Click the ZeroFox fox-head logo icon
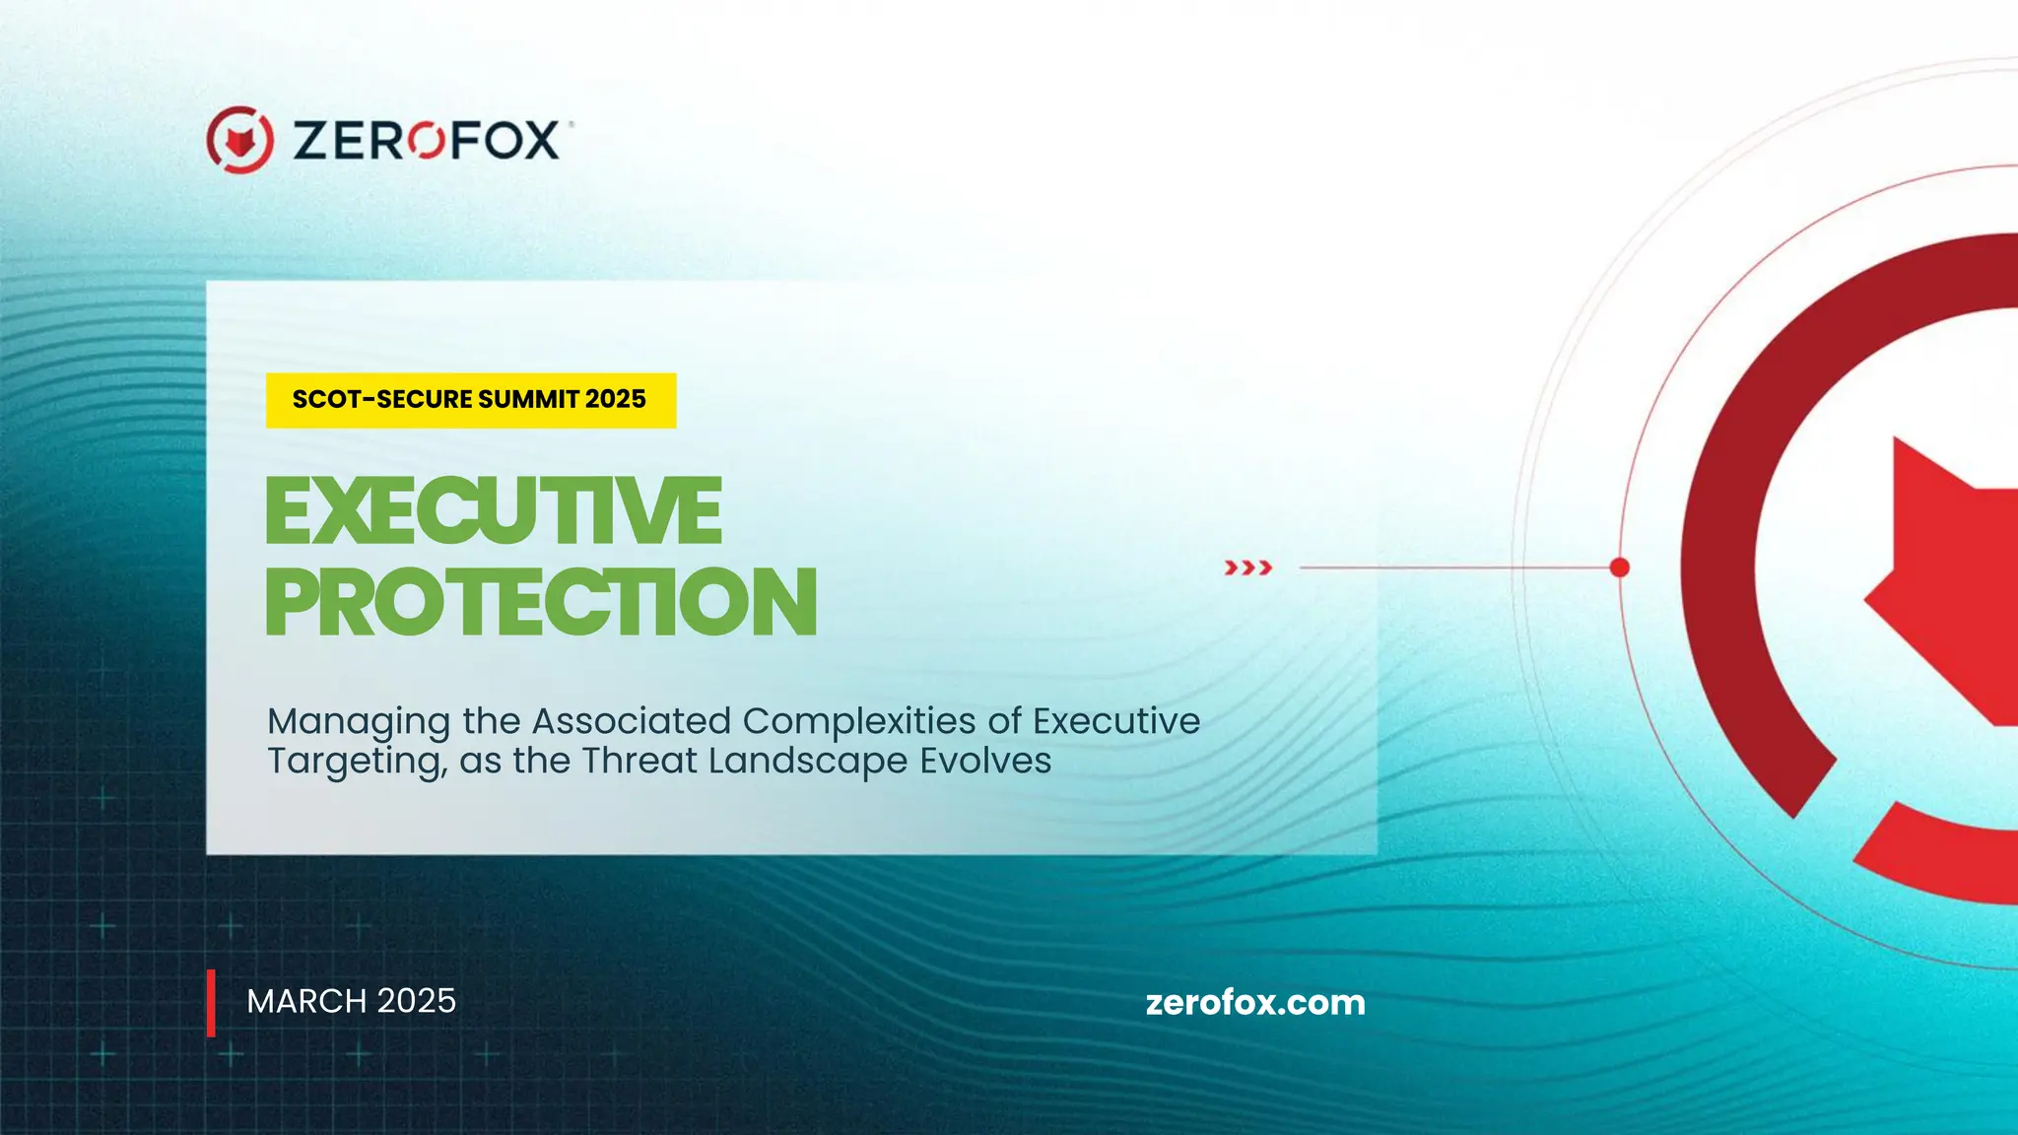(x=239, y=140)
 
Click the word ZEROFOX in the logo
(x=426, y=141)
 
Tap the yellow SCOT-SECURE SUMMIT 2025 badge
(x=470, y=400)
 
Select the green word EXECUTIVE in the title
(x=494, y=510)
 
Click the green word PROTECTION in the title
(x=541, y=602)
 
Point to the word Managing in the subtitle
(x=359, y=722)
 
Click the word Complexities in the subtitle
(x=858, y=721)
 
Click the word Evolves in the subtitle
(x=985, y=762)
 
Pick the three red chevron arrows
(x=1247, y=567)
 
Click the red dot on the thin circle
(x=1619, y=567)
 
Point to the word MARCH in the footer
(x=306, y=1001)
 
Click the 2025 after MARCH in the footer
(x=417, y=1001)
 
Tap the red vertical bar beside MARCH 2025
(x=211, y=1003)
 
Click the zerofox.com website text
(x=1254, y=1003)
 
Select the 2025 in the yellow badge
(x=615, y=399)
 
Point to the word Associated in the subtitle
(x=631, y=721)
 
